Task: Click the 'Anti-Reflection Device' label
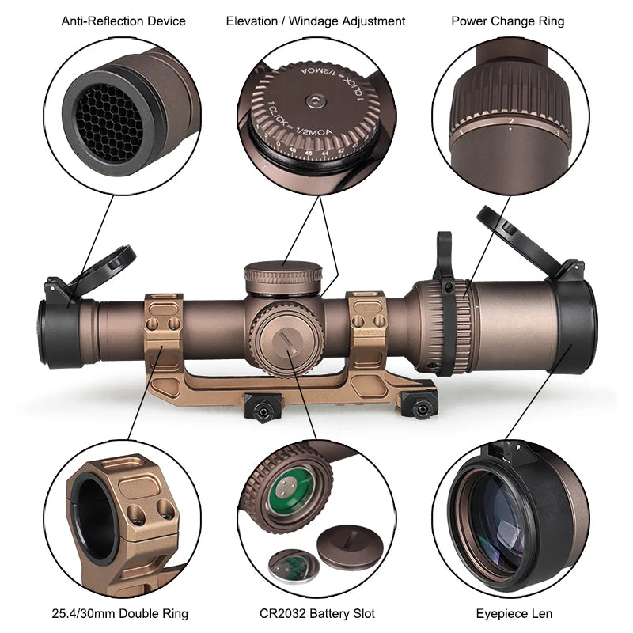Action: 123,21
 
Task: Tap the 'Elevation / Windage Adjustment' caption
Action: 316,21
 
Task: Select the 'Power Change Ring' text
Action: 508,21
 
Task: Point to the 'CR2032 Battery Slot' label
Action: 317,613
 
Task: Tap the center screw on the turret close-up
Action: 315,100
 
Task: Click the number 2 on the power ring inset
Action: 511,121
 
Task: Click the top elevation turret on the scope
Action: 283,279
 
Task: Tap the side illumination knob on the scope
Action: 287,339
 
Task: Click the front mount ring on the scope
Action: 163,324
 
